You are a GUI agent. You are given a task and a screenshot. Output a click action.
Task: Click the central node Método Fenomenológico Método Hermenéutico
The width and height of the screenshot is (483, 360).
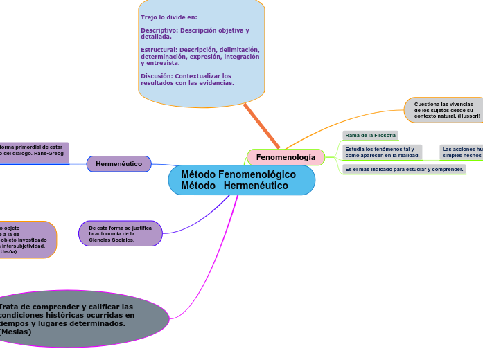241,180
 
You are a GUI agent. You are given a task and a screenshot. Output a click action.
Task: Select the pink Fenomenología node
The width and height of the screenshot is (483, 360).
286,157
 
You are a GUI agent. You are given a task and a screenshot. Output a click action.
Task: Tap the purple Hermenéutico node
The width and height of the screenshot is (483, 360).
118,164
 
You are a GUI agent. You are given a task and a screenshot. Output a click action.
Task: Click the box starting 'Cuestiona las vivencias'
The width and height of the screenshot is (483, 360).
444,110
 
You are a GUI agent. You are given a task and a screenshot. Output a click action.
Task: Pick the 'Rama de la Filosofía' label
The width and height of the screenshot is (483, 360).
370,135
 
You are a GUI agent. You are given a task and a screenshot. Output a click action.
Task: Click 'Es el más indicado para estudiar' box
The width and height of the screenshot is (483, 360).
404,169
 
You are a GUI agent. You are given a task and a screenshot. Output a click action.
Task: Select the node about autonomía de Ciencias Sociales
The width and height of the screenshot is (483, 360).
121,233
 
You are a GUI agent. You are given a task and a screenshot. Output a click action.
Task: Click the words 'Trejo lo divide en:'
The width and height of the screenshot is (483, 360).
169,17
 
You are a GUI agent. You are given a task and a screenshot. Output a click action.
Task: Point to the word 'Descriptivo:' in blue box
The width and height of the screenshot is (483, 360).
159,30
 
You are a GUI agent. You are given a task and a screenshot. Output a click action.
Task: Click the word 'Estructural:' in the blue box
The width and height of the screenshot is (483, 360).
159,50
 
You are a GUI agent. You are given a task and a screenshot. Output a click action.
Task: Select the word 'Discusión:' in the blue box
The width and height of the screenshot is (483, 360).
157,76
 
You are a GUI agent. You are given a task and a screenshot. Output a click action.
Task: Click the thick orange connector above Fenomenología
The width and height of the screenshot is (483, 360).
262,126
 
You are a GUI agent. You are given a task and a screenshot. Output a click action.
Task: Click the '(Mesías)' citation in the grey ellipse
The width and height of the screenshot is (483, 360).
15,332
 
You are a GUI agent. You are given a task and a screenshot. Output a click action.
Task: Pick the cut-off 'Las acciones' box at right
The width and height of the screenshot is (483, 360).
462,152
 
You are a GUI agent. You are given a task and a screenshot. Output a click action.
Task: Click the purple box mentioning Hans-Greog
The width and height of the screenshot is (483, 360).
33,151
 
